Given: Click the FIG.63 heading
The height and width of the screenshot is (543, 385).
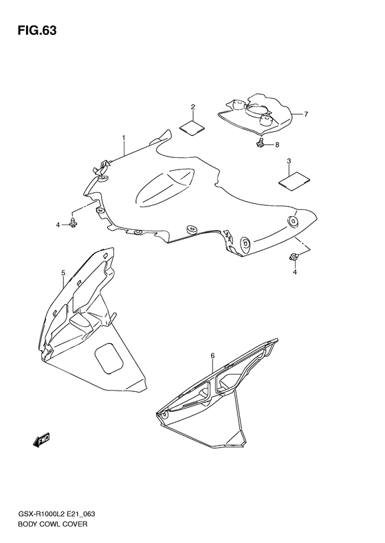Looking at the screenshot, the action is (36, 30).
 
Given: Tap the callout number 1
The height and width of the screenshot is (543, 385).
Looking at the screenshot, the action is (124, 138).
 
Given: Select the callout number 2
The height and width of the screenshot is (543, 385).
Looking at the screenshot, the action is (193, 106).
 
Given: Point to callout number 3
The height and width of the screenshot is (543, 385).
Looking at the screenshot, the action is (289, 161).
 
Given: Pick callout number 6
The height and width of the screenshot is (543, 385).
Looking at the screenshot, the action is (212, 356).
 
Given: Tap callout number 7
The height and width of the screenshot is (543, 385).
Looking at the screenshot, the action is (306, 114).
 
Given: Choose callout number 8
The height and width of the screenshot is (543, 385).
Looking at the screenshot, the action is (277, 145).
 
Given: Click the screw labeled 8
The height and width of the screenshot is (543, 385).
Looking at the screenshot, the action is (259, 142).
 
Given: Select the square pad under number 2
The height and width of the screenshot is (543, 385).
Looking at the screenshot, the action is (192, 127).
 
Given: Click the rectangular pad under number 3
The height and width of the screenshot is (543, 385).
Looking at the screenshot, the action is (294, 181).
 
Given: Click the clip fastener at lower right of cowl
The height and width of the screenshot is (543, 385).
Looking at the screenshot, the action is (294, 257).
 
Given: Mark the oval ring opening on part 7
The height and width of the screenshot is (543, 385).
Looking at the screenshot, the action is (257, 111).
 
